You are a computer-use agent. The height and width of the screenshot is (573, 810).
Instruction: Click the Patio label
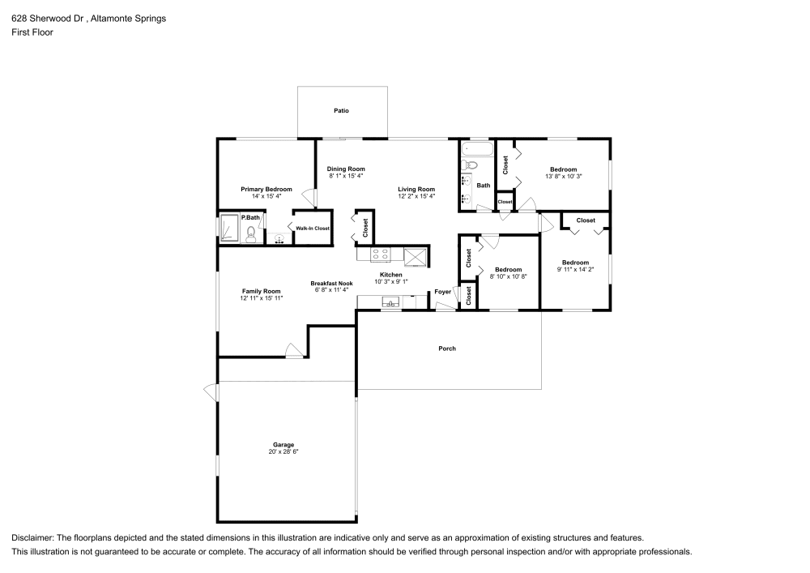[341, 110]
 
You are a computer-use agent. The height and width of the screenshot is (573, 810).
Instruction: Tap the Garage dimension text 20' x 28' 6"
[283, 451]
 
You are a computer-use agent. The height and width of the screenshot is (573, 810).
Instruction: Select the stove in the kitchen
[381, 255]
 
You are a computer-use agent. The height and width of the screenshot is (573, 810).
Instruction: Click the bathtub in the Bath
[476, 149]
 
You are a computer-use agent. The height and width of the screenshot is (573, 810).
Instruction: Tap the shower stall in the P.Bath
[229, 229]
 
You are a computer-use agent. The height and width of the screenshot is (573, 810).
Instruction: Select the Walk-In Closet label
[313, 229]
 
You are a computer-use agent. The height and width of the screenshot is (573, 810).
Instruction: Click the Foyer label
[443, 291]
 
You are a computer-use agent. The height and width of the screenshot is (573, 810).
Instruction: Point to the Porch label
[447, 349]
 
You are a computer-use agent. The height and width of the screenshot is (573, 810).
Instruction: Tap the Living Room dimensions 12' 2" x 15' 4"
[416, 196]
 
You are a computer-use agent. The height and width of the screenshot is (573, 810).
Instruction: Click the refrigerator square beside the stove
[416, 256]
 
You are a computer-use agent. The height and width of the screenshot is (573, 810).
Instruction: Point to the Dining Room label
[346, 169]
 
